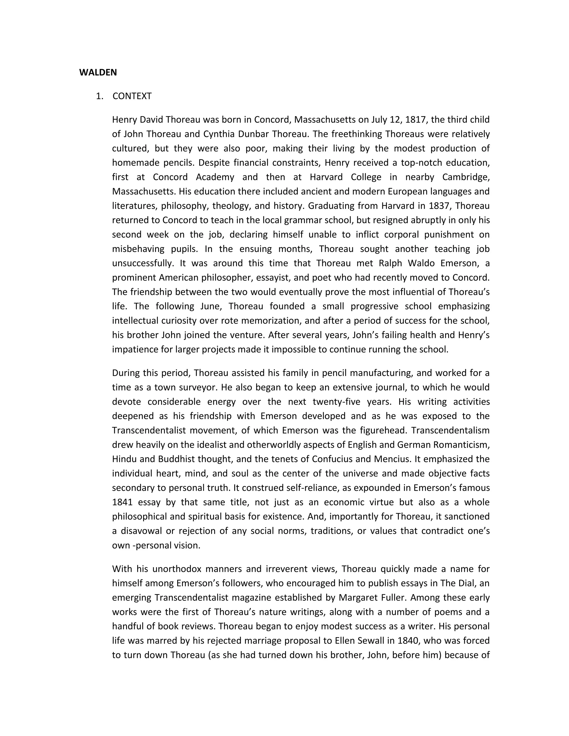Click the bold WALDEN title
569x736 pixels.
98,72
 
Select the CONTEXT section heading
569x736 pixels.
132,96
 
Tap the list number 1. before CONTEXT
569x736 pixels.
99,96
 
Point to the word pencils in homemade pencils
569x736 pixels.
179,163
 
